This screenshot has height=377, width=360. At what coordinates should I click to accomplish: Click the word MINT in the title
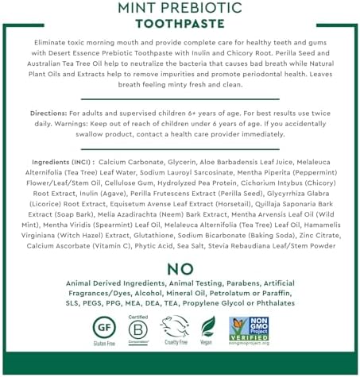pos(138,8)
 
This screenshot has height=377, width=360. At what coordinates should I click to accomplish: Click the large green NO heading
pos(180,269)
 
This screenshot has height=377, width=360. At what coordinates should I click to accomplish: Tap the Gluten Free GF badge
pos(100,326)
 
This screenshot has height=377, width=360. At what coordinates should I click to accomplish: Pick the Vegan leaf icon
pos(207,327)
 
